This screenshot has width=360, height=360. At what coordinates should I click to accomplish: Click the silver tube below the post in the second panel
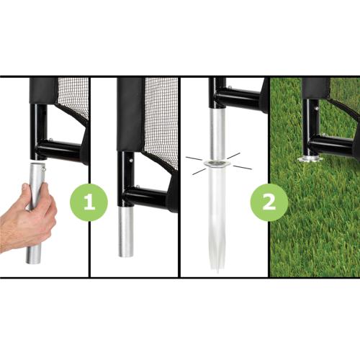127,230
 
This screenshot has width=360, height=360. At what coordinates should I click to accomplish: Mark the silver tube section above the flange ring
217,133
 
